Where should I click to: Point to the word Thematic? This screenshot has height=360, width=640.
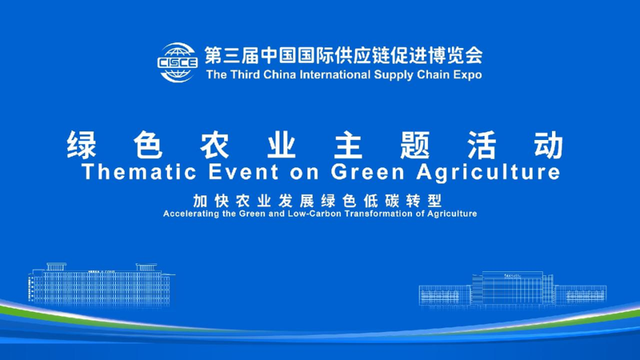[128, 172]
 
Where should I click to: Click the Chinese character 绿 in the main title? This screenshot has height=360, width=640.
[82, 145]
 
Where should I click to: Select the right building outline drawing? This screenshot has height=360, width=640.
[512, 289]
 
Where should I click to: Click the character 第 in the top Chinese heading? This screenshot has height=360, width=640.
[214, 55]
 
